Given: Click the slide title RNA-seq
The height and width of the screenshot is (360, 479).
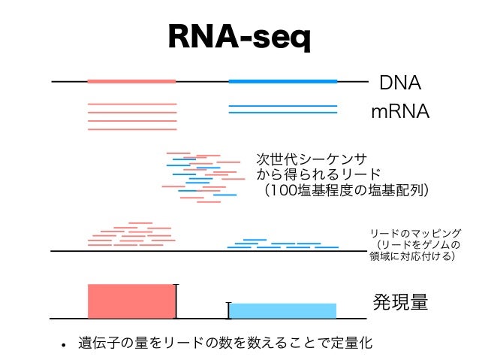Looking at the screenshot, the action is pos(239,37).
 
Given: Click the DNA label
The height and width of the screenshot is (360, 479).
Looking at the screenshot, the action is pos(399,82).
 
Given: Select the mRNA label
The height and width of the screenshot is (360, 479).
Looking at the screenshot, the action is pos(399,112).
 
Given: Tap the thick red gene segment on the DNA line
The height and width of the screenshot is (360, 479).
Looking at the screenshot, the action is pos(131,81).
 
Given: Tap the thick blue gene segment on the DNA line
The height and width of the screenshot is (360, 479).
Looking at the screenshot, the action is pos(282,81).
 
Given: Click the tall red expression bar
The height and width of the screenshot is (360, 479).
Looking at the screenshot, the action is pos(131,301).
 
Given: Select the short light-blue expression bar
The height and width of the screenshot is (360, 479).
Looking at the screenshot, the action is pos(282,310).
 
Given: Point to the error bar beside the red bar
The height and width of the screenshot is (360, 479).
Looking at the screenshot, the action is pos(176,301).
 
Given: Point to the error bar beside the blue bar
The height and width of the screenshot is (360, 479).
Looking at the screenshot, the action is pos(228,310).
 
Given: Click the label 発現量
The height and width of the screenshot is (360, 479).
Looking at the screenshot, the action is pos(400,302).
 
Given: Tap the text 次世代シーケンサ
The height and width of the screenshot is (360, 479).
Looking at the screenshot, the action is pos(312,159).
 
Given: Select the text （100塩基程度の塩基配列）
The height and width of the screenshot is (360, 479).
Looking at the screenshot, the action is pos(342,190).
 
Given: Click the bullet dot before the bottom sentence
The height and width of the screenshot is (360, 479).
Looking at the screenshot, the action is pos(65,346).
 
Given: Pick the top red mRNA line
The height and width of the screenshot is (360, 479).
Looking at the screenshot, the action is pos(132,104).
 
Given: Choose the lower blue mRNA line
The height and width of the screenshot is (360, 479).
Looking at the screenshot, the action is pos(282,113).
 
